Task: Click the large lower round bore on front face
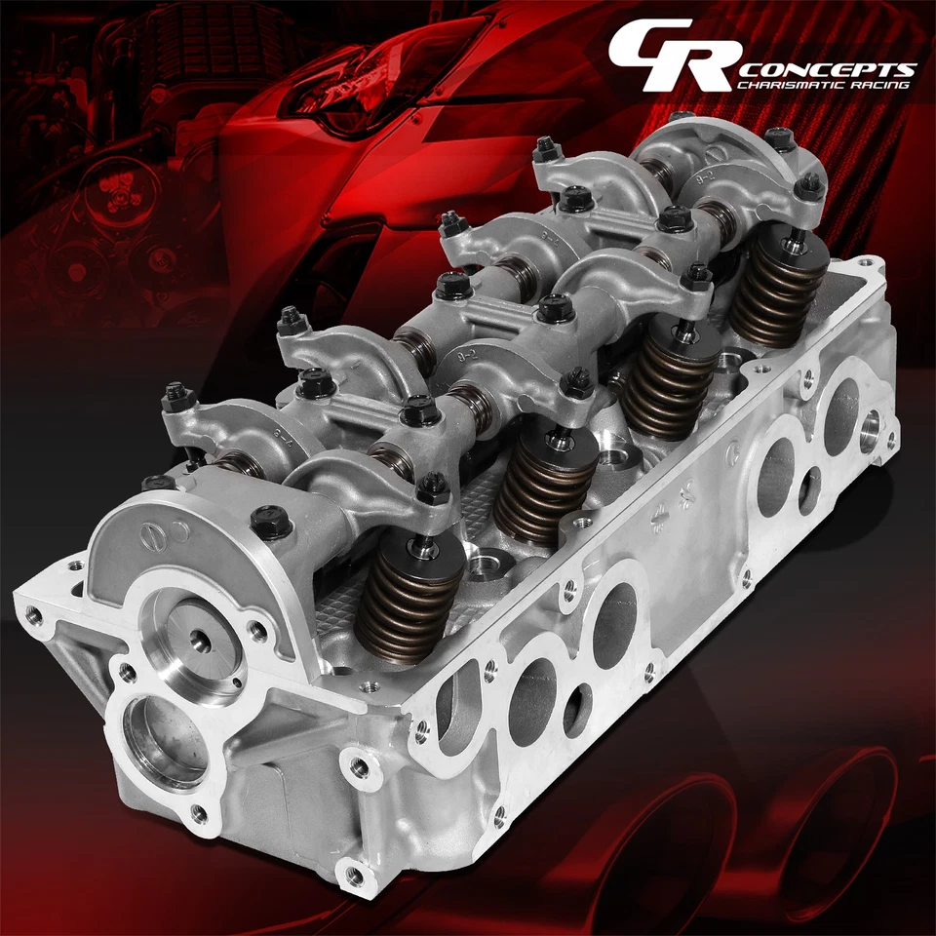[166, 742]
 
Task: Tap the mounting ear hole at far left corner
[38, 615]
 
